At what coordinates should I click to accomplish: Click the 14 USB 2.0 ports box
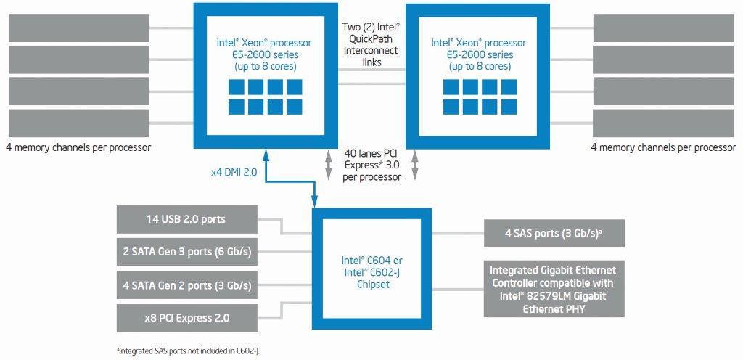tap(186, 218)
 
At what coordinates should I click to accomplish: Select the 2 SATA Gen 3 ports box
tap(186, 251)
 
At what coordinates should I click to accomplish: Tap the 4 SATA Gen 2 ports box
tap(186, 285)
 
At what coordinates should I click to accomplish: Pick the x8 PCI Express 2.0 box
tap(186, 318)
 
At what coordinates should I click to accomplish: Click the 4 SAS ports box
tap(554, 234)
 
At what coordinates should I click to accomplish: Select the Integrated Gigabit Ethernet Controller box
tap(554, 289)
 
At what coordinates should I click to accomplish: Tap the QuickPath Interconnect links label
tap(371, 44)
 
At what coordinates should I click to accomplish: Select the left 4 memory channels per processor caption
tap(78, 147)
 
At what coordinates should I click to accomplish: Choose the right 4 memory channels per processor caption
tap(663, 147)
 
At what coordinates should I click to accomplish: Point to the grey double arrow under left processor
tap(327, 165)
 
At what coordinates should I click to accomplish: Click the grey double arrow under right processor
tap(416, 165)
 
